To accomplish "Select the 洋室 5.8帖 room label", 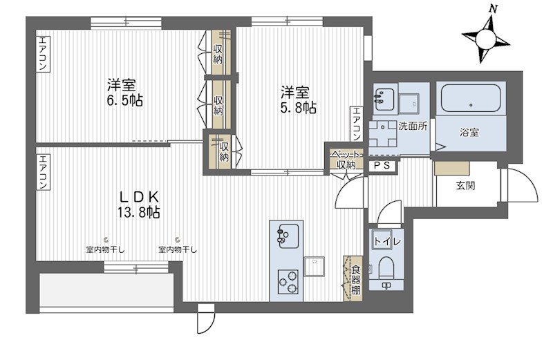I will tap(299, 100).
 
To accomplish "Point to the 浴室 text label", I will tap(469, 133).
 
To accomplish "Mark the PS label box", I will tap(382, 166).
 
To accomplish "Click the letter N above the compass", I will tap(492, 9).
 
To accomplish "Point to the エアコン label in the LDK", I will tap(43, 173).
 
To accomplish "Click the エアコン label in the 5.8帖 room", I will tap(357, 124).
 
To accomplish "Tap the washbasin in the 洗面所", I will tap(383, 99).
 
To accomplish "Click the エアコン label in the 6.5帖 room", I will tap(43, 55).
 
